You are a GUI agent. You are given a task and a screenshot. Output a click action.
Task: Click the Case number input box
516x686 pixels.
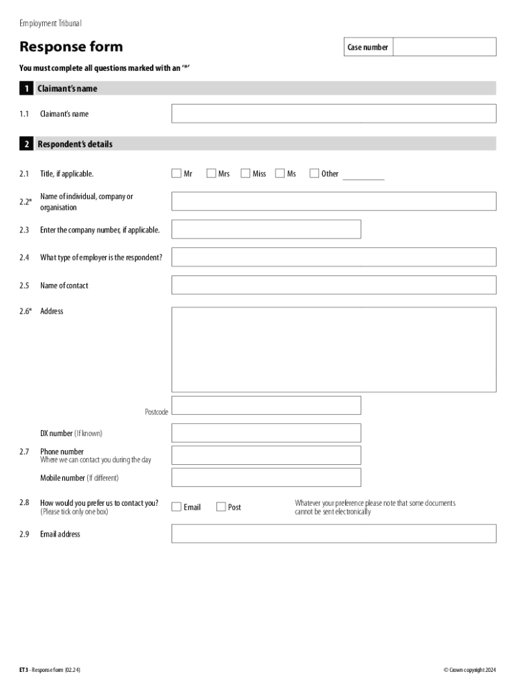pos(444,47)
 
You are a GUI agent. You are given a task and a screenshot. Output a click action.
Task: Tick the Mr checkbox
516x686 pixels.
pos(177,174)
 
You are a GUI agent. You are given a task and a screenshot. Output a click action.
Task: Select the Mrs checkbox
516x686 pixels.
pos(212,174)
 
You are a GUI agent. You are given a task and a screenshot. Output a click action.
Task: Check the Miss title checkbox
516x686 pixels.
pos(245,174)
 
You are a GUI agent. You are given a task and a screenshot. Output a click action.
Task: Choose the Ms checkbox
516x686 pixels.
pos(280,174)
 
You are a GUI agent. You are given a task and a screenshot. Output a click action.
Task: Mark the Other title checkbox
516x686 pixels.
pos(314,174)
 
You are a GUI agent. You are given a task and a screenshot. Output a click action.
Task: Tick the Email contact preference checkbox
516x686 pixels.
pos(177,507)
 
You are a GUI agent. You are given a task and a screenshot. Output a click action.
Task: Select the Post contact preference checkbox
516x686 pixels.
pos(221,507)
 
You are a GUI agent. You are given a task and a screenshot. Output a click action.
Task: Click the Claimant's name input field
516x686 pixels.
pos(334,114)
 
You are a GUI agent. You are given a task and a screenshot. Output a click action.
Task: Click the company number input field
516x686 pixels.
pos(266,229)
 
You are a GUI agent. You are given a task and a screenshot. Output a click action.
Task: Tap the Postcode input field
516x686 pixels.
pos(266,405)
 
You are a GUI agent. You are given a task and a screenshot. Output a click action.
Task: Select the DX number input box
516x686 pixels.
pos(266,433)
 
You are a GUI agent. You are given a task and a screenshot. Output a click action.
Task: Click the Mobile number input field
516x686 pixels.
pos(266,478)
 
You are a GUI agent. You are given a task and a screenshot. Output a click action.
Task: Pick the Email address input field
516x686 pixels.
pos(334,533)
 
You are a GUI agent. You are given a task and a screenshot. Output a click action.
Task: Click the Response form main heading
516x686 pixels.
pos(71,47)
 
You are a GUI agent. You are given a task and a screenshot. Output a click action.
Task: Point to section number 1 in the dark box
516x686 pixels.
pos(26,88)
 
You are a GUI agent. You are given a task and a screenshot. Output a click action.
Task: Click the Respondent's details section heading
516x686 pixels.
pos(75,144)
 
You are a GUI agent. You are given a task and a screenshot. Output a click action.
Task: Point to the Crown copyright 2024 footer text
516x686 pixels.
pos(470,670)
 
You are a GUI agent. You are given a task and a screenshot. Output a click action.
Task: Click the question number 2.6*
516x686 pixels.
pos(25,311)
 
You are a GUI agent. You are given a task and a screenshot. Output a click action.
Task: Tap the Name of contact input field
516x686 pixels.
pos(334,285)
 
